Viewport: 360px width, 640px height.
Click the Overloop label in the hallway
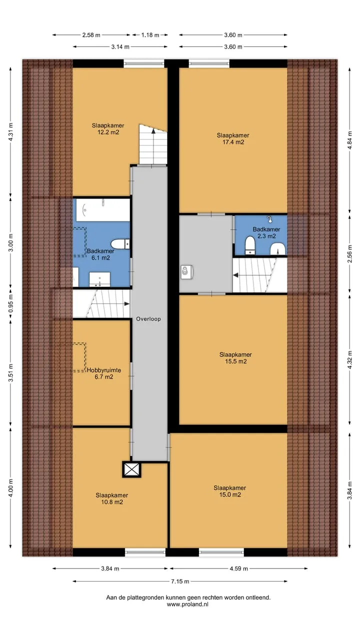pos(148,319)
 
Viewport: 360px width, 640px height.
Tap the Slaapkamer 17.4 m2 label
pos(233,138)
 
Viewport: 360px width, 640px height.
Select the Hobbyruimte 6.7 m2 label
pos(103,373)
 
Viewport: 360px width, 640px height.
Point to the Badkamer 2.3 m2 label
pos(266,232)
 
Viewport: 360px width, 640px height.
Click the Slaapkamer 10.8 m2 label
pos(111,498)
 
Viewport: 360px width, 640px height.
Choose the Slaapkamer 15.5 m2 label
pos(235,357)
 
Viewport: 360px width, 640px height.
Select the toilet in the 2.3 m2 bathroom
pos(250,245)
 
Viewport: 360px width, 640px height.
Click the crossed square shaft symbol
pos(131,469)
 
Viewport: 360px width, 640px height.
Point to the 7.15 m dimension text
pos(180,581)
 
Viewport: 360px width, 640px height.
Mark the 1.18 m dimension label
pos(150,35)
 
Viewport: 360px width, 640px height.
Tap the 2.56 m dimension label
pos(349,254)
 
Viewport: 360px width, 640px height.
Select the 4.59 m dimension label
pos(238,568)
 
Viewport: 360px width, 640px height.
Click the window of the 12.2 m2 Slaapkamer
pos(144,63)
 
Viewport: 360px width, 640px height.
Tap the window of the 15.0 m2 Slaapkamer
pos(221,552)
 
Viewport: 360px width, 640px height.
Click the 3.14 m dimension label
pos(120,47)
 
